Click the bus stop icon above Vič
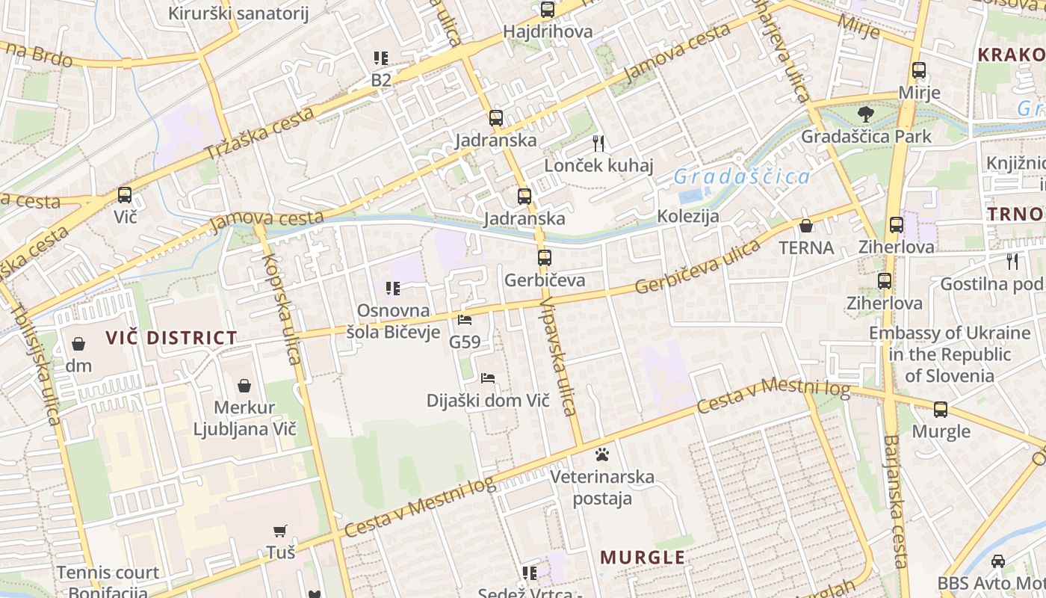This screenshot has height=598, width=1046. pos(125,195)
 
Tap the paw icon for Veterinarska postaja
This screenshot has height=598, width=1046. pos(602,454)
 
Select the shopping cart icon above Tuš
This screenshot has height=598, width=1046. pos(280,531)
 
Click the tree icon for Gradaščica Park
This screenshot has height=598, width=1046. pos(866,114)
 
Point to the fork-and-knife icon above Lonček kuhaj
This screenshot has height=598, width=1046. pos(598,143)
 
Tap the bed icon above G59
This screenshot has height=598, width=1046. pos(465,320)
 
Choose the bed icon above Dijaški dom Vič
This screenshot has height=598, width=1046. pos(488,378)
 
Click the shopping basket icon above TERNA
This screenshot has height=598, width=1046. pos(806,225)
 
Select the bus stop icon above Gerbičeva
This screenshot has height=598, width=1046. pos(545,258)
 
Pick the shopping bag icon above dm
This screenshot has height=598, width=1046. pos(78,344)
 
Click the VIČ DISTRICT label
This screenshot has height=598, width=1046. pos(171,338)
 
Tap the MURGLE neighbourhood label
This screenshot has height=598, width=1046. pos(643,558)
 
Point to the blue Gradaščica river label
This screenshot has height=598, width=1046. pos(741,177)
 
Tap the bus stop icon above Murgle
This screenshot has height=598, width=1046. pos(941,410)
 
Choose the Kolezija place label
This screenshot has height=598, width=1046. pos(688,217)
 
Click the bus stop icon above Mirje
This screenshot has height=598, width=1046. pos(919,71)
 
